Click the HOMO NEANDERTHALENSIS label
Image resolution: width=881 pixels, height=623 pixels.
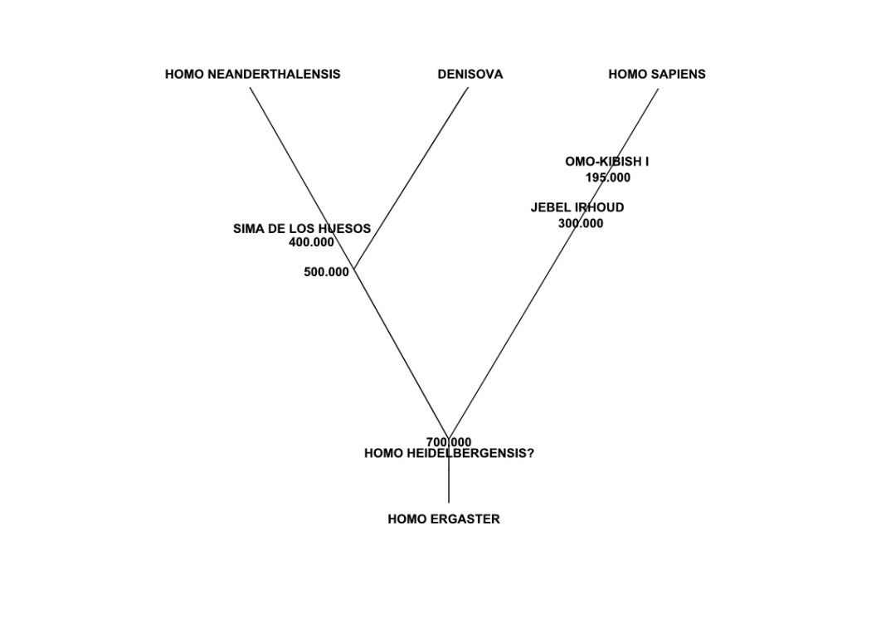[x=252, y=74]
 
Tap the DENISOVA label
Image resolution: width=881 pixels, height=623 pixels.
[x=470, y=74]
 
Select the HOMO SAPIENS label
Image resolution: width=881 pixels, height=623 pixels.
[x=656, y=74]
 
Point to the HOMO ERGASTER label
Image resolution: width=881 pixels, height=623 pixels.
[x=443, y=519]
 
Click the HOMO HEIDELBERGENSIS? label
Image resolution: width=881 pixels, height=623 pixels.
[x=449, y=454]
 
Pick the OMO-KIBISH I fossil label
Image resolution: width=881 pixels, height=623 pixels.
[x=606, y=162]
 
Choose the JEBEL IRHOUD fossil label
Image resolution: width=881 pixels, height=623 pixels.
[x=577, y=207]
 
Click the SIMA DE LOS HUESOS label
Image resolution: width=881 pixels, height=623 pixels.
[x=301, y=229]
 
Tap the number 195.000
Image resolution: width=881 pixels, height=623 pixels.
[x=607, y=178]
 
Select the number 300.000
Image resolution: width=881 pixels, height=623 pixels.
[x=580, y=223]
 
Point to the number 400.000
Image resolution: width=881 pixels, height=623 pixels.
[x=311, y=243]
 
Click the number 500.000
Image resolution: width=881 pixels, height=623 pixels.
[x=326, y=272]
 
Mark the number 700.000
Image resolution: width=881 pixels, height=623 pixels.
[x=449, y=442]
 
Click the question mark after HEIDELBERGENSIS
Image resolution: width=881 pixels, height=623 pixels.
[x=530, y=454]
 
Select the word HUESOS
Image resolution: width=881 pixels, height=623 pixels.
[x=344, y=229]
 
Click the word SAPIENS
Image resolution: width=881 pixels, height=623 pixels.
[x=679, y=74]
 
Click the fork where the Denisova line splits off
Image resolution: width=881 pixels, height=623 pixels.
[x=354, y=269]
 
